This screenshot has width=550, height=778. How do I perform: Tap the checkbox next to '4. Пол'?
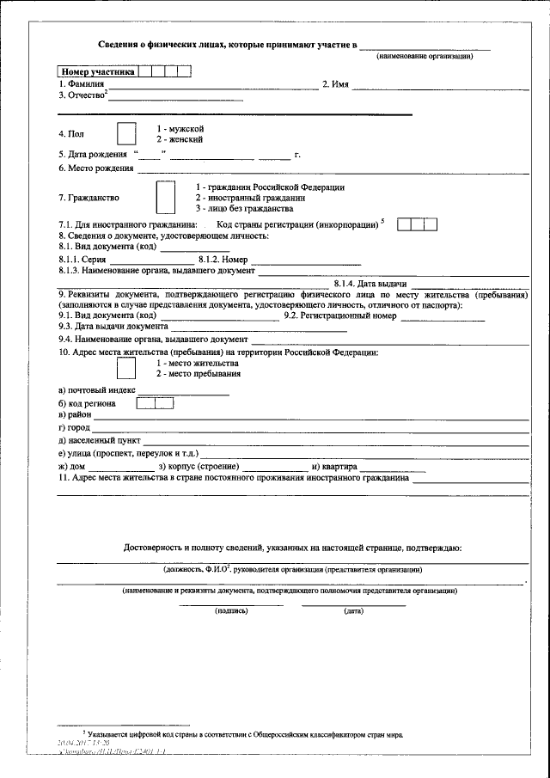tap(126, 134)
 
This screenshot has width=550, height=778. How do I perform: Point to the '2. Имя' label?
tap(334, 84)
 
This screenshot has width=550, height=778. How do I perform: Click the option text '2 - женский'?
tap(180, 139)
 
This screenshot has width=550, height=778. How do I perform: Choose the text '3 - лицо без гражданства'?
tap(245, 208)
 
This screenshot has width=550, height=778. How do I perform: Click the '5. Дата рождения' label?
tap(92, 155)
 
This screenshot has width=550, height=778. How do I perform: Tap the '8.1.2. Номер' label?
tap(223, 259)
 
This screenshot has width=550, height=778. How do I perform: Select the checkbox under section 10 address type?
tap(126, 369)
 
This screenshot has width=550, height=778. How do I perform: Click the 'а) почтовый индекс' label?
tap(91, 390)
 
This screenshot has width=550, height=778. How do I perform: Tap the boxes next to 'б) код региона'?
tap(156, 402)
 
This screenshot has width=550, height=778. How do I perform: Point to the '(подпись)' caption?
tap(231, 611)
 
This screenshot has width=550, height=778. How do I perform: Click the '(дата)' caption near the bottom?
tap(353, 611)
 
